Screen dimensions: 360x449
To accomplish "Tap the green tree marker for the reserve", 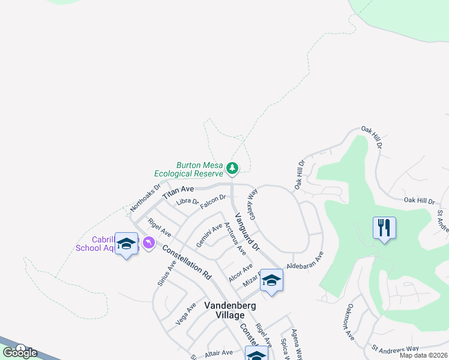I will (x=233, y=168).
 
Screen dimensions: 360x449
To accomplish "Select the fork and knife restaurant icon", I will (x=384, y=228).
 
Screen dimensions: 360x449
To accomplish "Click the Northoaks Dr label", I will (x=146, y=197).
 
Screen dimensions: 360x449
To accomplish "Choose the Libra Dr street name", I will (x=187, y=202).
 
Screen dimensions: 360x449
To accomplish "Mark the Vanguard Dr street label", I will (x=246, y=232).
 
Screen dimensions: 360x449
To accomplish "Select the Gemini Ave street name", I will (x=209, y=236).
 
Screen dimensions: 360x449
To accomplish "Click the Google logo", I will (x=19, y=352).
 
